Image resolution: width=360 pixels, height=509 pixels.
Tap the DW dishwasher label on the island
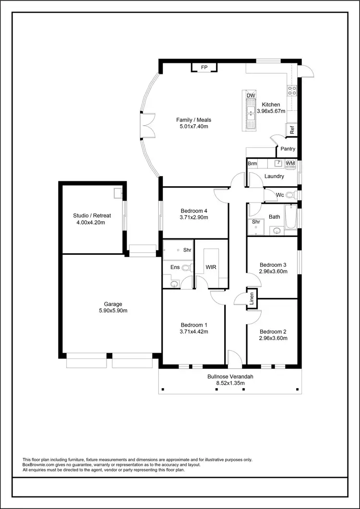[x=250, y=95]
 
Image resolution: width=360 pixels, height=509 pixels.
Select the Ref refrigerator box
[x=291, y=130]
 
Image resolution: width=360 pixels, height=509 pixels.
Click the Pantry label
[x=288, y=149]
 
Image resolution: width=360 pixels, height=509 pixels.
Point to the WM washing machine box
[x=290, y=164]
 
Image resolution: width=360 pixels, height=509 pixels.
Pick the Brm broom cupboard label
[x=252, y=164]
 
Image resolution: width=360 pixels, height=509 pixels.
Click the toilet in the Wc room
[x=289, y=195]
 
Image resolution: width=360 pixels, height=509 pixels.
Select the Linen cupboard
[x=252, y=298]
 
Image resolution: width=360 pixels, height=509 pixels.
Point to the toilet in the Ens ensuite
[x=189, y=267]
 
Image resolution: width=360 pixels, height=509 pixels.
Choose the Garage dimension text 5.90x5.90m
[x=113, y=311]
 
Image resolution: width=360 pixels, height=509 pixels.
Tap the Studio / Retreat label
[x=92, y=215]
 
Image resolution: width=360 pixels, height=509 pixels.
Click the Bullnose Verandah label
[x=230, y=377]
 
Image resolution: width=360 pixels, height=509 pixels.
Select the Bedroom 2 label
[x=273, y=331]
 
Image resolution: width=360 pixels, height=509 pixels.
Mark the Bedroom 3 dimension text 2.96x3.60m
[x=273, y=271]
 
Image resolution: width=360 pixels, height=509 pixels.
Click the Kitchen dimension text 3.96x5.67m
[x=271, y=111]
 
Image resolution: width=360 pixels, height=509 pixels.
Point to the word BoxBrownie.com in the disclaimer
[x=40, y=464]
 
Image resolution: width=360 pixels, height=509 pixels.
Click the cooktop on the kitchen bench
[x=291, y=89]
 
